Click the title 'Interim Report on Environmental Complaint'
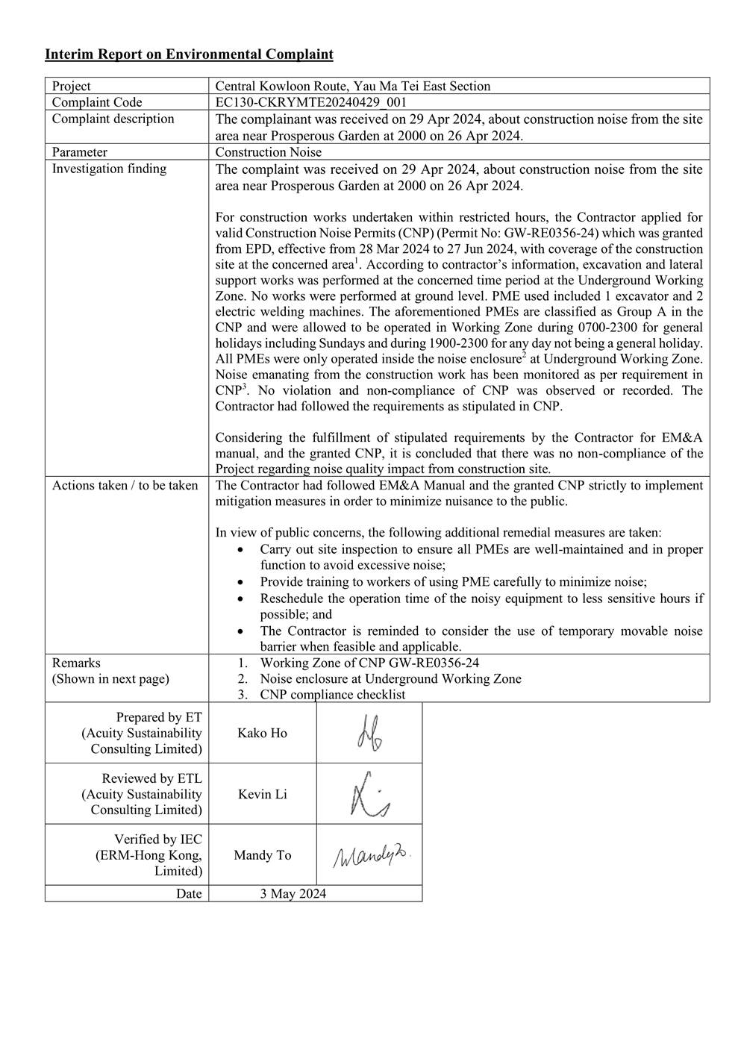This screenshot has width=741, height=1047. [x=189, y=54]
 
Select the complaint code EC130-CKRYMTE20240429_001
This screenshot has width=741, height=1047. [x=311, y=102]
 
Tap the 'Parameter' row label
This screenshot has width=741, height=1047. [x=79, y=152]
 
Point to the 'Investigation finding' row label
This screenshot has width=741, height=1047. [x=109, y=169]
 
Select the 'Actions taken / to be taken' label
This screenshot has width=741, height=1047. [x=125, y=486]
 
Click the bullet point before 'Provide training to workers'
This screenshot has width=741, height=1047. [x=240, y=582]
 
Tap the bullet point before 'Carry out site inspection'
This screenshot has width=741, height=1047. [x=240, y=549]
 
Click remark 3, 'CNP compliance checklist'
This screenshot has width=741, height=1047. [x=333, y=695]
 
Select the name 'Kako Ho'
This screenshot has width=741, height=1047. [x=262, y=733]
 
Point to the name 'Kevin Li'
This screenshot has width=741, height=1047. [x=262, y=794]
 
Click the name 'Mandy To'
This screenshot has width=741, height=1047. [x=262, y=855]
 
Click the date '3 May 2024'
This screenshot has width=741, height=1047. [x=293, y=894]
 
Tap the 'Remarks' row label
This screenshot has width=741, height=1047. [x=76, y=663]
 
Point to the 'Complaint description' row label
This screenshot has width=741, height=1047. [x=113, y=119]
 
